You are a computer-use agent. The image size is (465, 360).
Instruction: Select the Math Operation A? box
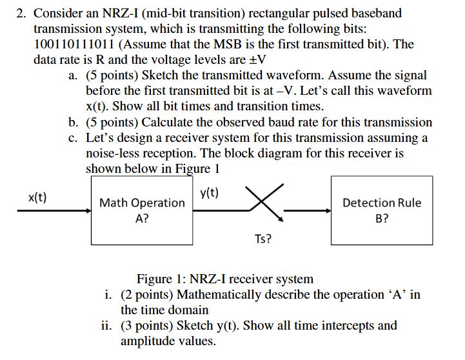coord(142,210)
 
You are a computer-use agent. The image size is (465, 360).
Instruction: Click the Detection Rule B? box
coord(381,210)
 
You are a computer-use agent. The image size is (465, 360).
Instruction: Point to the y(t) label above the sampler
coord(209,192)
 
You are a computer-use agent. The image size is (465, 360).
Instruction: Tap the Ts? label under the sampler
coord(263,239)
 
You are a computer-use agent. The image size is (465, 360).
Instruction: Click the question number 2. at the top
coord(21,13)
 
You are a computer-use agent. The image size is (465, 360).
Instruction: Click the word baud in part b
coord(299,122)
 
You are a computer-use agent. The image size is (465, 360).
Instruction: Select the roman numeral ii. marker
coord(108,325)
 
